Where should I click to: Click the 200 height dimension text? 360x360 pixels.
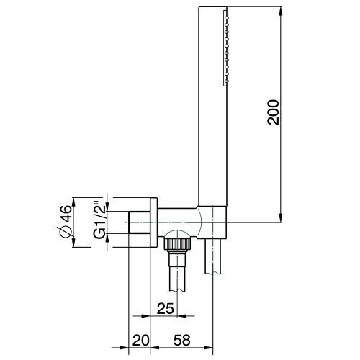(x=273, y=111)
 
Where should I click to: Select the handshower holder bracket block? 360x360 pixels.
(x=215, y=220)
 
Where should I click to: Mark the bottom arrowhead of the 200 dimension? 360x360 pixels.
(x=280, y=217)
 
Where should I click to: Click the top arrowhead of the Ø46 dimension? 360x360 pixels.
(x=75, y=199)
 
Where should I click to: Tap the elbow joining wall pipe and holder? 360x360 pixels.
(x=196, y=219)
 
